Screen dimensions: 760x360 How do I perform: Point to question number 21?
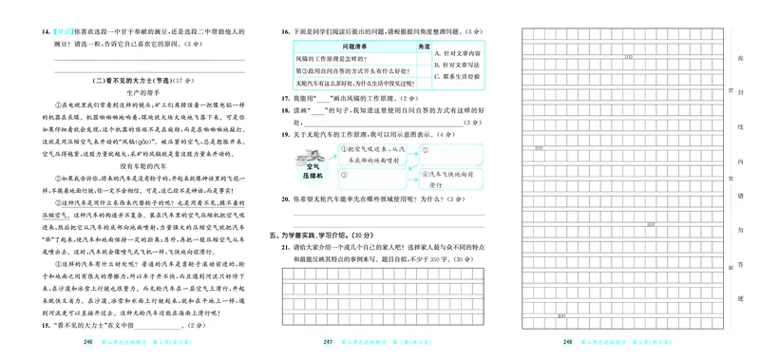285,246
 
